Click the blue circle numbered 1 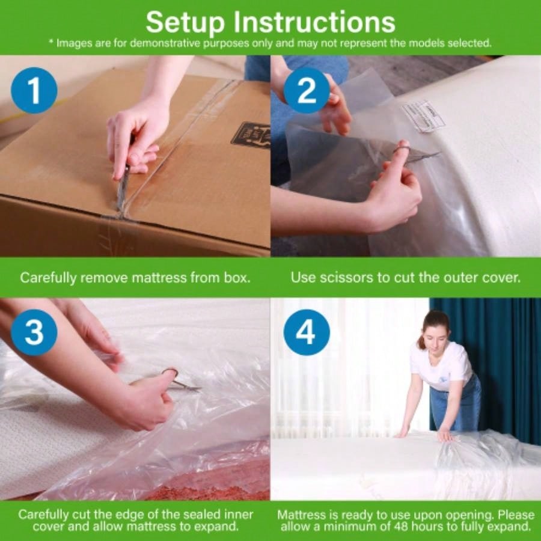34,91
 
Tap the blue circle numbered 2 306,91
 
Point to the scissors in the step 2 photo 415,154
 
